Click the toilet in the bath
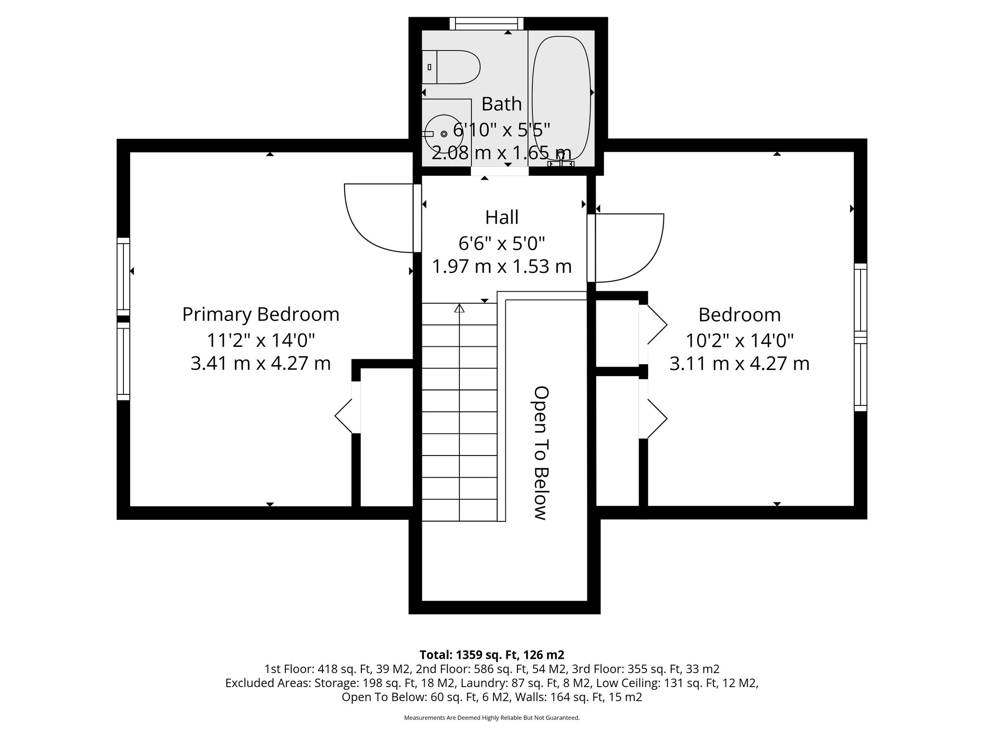click(x=452, y=67)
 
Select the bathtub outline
click(x=561, y=98)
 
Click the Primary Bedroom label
click(x=260, y=315)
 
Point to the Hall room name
click(x=502, y=217)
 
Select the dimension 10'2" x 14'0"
click(x=739, y=341)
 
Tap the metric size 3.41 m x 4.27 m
click(x=260, y=363)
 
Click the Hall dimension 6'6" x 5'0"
click(x=502, y=244)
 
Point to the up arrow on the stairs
click(x=459, y=308)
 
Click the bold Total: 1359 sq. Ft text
click(x=492, y=655)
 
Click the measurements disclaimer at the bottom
click(x=492, y=718)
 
